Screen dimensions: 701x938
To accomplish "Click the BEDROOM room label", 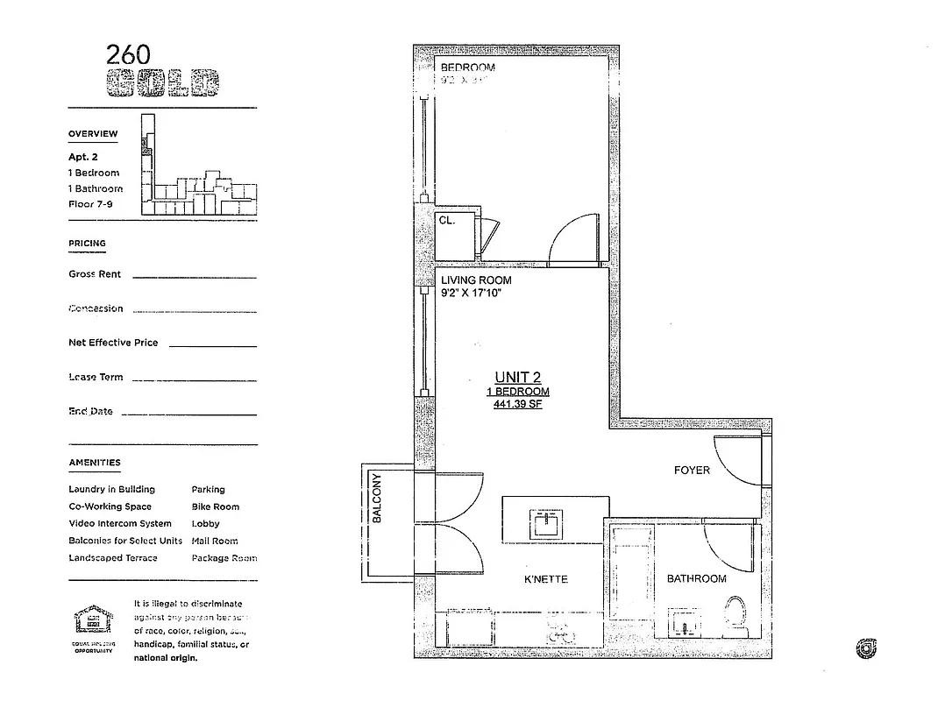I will pos(467,67).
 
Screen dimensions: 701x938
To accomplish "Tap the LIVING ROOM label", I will pos(476,280).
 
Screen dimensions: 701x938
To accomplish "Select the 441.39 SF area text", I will pos(517,405).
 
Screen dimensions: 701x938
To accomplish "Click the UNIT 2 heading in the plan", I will pos(517,378).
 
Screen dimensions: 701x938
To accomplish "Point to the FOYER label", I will pos(692,471).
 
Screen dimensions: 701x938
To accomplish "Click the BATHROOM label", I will pos(696,578).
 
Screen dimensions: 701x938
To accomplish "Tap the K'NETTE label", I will pos(546,579).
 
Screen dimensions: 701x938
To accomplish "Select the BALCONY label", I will pos(377,499).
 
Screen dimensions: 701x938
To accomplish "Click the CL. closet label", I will pos(447,222).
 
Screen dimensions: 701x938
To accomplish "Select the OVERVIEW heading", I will pos(93,134).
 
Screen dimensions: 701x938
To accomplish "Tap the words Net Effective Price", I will pos(113,343).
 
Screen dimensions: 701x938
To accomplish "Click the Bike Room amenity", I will pos(215,506).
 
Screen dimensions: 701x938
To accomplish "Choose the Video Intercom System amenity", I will pos(119,523).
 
